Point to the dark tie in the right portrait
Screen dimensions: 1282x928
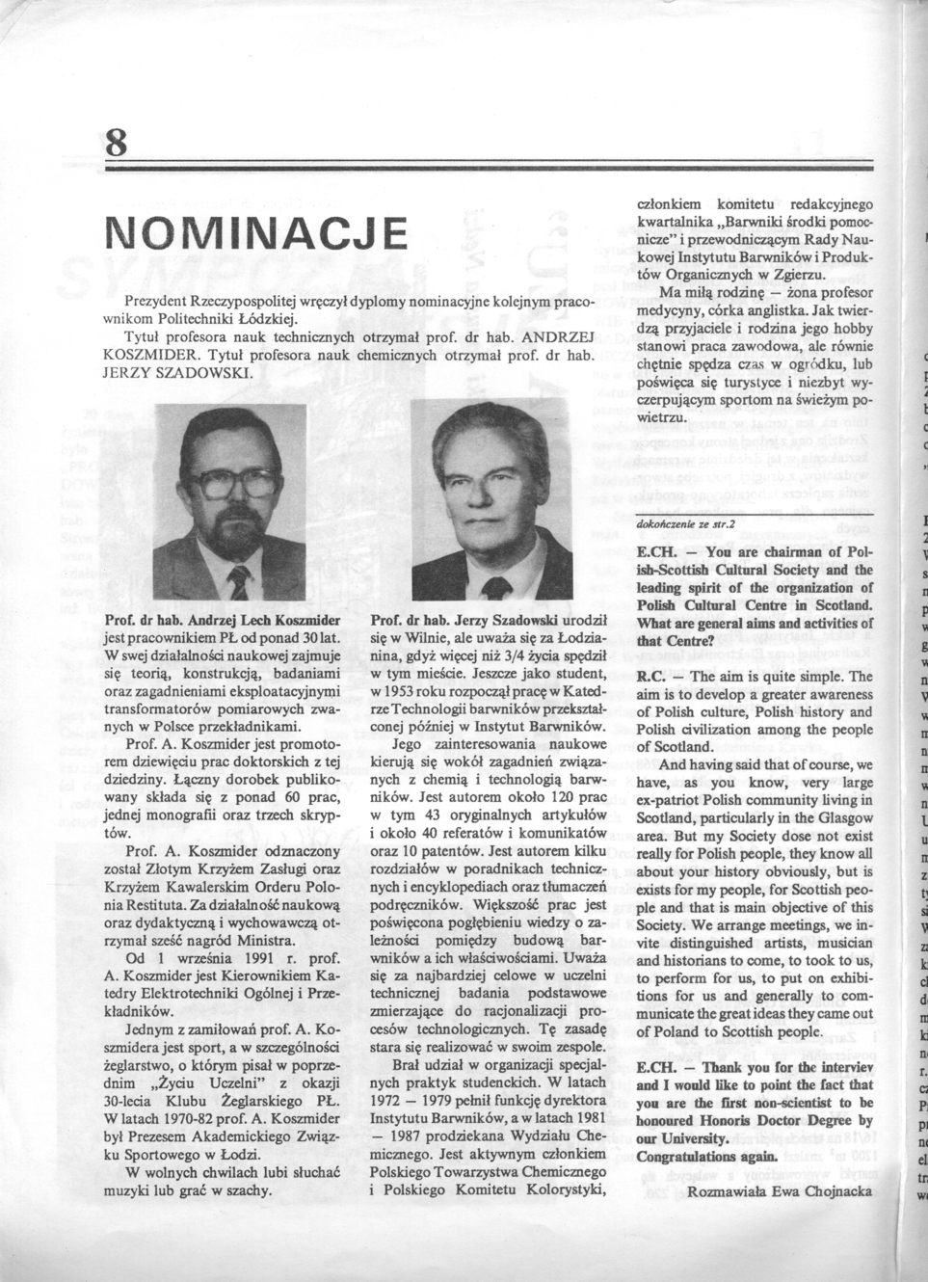pyautogui.click(x=498, y=587)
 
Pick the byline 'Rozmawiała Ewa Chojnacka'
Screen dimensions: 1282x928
pyautogui.click(x=780, y=1190)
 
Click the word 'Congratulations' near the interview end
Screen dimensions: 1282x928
pyautogui.click(x=690, y=1156)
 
